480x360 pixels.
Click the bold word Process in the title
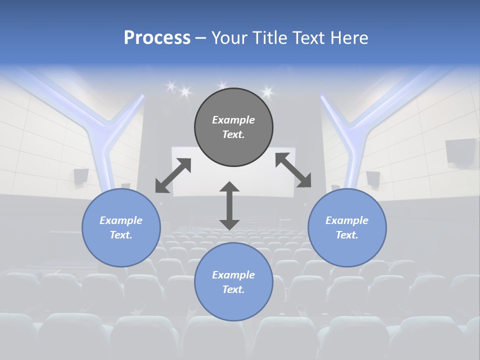coord(157,38)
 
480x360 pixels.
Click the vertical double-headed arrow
coord(229,205)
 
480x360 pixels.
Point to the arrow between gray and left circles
coord(173,175)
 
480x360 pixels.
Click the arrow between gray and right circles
coord(293,170)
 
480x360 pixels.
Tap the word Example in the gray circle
coord(233,120)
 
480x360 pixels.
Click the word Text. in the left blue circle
coord(121,235)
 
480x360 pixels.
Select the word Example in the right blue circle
coord(347,220)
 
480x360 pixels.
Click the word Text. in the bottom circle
coord(233,289)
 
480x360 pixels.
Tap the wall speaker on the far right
coord(460,151)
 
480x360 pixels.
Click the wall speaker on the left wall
coord(81,176)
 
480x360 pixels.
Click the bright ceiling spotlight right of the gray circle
coord(267,91)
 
